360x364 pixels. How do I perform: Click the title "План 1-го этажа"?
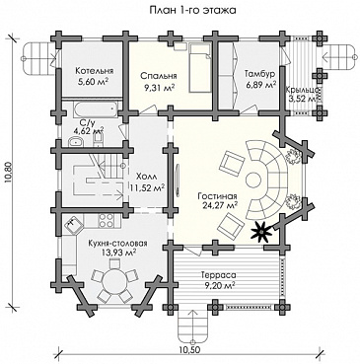pyautogui.click(x=193, y=10)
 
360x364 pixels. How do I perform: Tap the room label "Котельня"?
pyautogui.click(x=95, y=71)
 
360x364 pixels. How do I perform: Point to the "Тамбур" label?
pyautogui.click(x=259, y=74)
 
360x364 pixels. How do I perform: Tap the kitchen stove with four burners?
pyautogui.click(x=106, y=220)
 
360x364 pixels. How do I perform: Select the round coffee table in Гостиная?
pyautogui.click(x=253, y=180)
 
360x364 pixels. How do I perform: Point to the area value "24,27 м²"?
pyautogui.click(x=218, y=205)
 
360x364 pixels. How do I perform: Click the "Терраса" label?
pyautogui.click(x=215, y=275)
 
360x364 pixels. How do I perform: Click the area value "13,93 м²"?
pyautogui.click(x=118, y=254)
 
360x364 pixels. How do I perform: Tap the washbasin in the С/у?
pyautogui.click(x=76, y=143)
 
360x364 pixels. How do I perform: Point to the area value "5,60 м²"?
pyautogui.click(x=94, y=82)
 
